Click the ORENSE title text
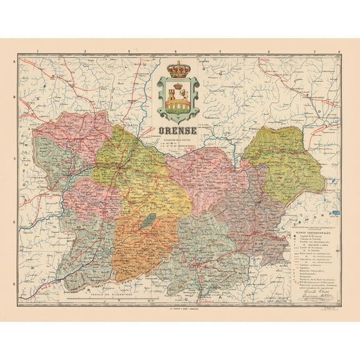click(178, 131)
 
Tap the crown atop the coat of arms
click(178, 69)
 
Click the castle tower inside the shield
click(173, 97)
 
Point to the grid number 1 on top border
click(38, 53)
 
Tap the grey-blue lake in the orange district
click(148, 221)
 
